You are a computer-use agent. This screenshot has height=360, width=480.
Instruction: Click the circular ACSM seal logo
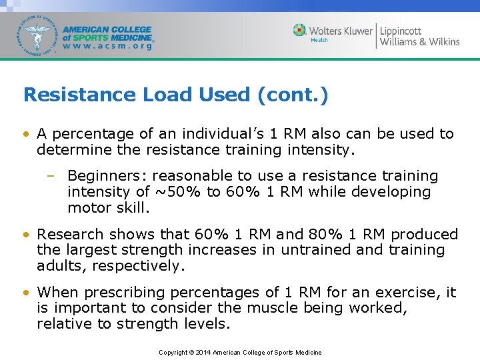click(x=37, y=35)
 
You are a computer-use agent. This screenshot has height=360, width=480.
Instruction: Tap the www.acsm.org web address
click(x=107, y=47)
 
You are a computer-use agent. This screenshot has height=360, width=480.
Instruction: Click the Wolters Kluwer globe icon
click(x=300, y=30)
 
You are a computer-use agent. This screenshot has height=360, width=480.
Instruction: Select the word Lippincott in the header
click(x=401, y=30)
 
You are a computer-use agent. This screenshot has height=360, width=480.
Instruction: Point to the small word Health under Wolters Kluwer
click(x=319, y=41)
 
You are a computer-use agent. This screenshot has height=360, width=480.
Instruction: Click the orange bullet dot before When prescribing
click(x=26, y=293)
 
